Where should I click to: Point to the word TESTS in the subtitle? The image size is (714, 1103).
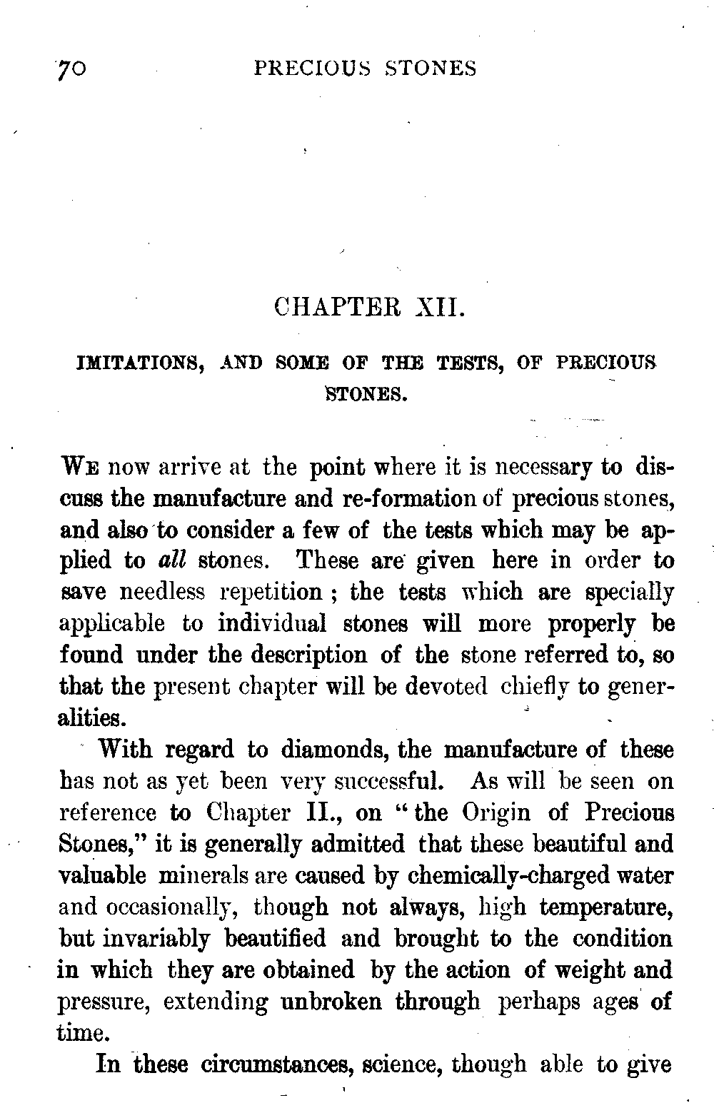pyautogui.click(x=471, y=363)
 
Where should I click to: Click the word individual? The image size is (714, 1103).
pyautogui.click(x=272, y=624)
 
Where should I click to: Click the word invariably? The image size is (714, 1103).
pyautogui.click(x=134, y=939)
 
